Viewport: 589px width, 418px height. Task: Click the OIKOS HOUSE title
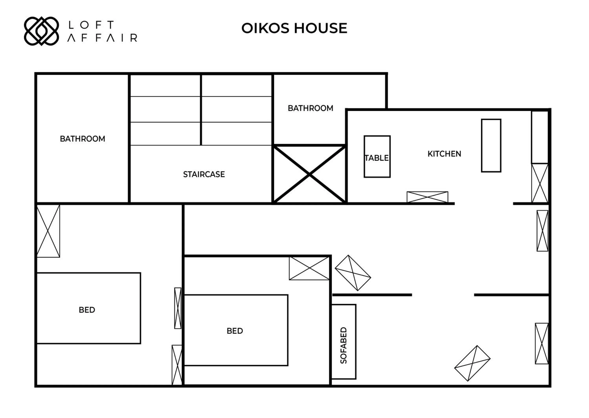[294, 28]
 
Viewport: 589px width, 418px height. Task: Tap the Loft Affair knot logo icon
[41, 31]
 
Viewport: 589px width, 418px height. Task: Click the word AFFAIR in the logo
[102, 38]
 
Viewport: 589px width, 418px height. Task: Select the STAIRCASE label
[204, 174]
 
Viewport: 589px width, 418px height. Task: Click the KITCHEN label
[444, 154]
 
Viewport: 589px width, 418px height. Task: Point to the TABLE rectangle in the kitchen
[377, 156]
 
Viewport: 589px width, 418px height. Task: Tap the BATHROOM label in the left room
[82, 139]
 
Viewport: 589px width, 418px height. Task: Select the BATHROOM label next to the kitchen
[310, 108]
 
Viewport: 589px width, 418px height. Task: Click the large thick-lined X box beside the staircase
[309, 174]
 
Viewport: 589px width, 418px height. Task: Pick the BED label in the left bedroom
[87, 310]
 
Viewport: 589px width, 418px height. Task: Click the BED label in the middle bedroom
[235, 331]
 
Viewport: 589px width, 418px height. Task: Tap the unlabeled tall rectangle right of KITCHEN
[491, 145]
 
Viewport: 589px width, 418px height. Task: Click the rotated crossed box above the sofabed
[353, 273]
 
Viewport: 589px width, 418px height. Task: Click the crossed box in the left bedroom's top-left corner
[48, 231]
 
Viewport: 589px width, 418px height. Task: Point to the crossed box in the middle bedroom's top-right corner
[309, 268]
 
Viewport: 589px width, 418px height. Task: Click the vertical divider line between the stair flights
[201, 110]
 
